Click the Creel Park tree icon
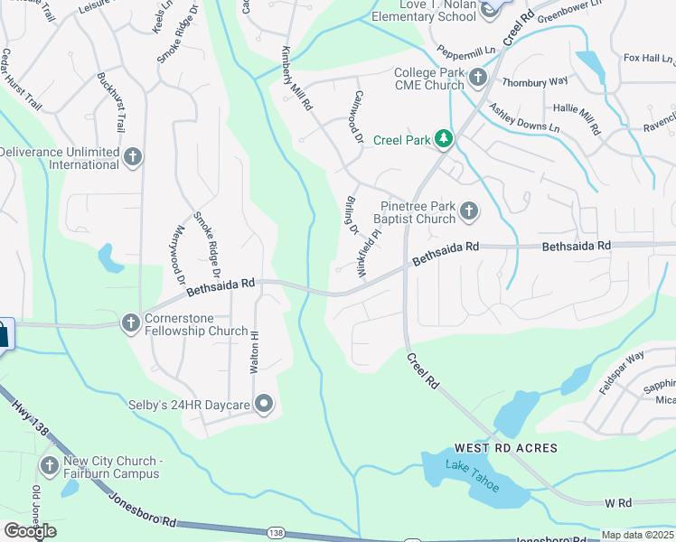444,139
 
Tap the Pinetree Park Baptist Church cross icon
468,211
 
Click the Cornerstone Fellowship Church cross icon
131,322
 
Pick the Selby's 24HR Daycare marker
264,403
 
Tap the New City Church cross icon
49,465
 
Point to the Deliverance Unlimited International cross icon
132,157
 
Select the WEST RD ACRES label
505,448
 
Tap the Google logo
30,531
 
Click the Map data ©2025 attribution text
637,535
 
